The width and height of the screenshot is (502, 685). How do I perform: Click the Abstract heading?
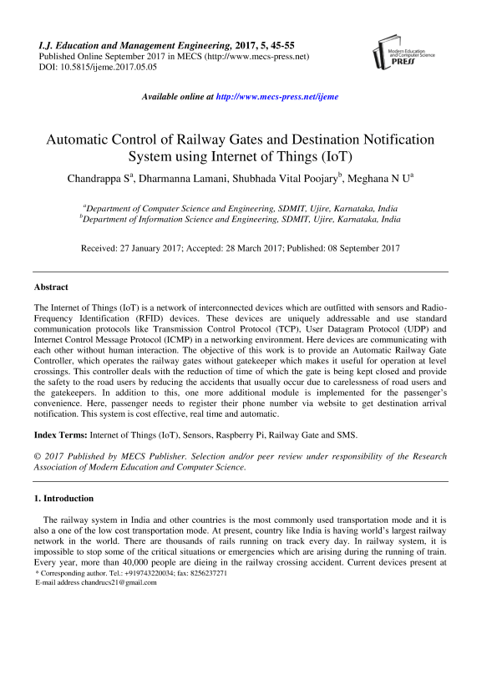point(51,287)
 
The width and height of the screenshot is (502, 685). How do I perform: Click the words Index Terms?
point(59,435)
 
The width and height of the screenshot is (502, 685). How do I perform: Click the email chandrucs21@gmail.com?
point(115,582)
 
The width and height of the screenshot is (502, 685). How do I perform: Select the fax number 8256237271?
point(205,573)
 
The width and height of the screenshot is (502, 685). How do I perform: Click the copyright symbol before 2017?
point(37,457)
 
